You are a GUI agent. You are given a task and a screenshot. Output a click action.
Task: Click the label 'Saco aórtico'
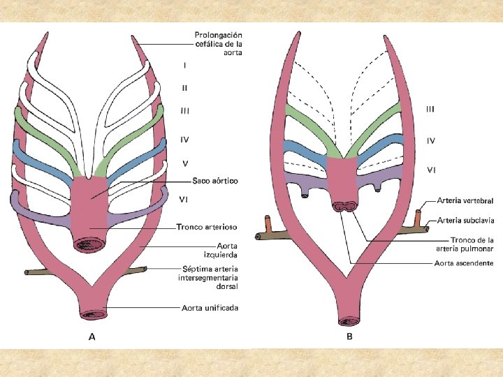[x=211, y=181]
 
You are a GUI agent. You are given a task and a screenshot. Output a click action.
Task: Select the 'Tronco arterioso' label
[x=207, y=227]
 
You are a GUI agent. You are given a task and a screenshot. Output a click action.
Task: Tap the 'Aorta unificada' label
[x=210, y=307]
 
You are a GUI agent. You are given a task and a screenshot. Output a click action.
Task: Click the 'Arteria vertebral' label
[x=465, y=201]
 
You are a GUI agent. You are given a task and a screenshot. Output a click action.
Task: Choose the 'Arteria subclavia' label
[x=465, y=220]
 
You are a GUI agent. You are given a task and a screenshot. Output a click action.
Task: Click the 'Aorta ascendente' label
[x=464, y=263]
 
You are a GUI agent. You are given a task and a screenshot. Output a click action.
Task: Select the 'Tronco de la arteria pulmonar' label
[x=467, y=244]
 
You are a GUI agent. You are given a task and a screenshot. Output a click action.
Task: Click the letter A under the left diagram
[x=92, y=337]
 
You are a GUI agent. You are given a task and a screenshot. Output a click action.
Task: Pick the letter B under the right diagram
[x=350, y=337]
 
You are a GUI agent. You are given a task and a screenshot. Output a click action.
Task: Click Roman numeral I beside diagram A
[x=185, y=66]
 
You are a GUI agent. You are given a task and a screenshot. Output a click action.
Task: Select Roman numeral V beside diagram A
[x=184, y=163]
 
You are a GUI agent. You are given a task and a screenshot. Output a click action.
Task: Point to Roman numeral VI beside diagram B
[x=431, y=170]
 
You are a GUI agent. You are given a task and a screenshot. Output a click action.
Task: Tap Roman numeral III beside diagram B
[x=430, y=109]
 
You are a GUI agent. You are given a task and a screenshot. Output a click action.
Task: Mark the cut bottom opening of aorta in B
[x=347, y=321]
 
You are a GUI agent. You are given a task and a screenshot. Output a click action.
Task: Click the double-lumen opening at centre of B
[x=343, y=207]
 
